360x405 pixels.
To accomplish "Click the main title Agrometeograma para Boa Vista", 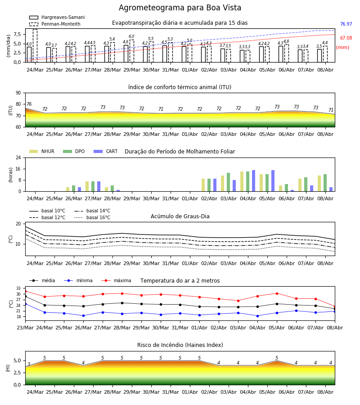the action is click(180, 8).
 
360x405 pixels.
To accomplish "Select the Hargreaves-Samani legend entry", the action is click(57, 17).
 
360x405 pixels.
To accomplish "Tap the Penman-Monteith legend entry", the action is click(55, 24).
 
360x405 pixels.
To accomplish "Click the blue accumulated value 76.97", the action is click(346, 24).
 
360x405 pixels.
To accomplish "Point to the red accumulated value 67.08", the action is click(346, 38).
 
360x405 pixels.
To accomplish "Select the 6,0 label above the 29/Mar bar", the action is click(131, 36).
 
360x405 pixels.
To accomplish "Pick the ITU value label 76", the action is click(29, 104).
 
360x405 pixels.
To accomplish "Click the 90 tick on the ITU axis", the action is click(18, 93).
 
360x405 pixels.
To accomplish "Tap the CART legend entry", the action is click(106, 151).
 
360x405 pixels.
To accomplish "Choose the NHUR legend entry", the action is click(42, 151).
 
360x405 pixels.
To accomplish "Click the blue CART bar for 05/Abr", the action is click(273, 181).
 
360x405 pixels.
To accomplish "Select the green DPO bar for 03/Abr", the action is click(228, 182).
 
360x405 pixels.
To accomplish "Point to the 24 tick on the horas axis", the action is click(18, 157).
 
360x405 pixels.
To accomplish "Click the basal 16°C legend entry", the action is click(92, 217).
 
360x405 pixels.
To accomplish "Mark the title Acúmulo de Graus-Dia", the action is click(180, 216).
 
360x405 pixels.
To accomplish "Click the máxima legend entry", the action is click(116, 280).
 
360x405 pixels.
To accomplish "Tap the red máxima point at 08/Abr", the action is click(335, 306).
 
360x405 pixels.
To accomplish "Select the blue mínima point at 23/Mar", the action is click(25, 304).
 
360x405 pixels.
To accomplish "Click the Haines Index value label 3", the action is click(29, 364).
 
